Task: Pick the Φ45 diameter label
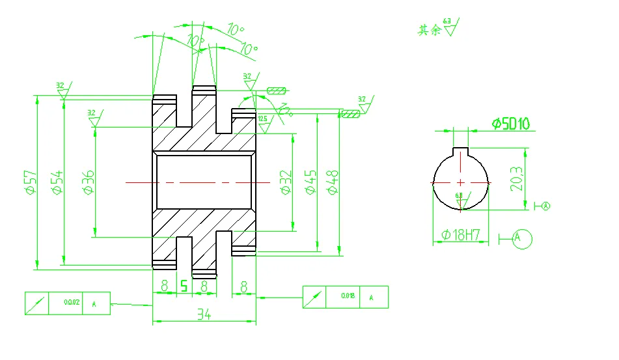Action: tap(311, 182)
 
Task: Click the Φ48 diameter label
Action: tap(333, 182)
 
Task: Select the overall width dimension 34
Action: tap(204, 315)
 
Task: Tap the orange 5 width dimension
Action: tap(184, 286)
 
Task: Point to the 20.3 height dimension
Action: tap(518, 177)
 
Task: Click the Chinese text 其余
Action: tap(430, 30)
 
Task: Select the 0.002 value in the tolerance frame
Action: tap(72, 303)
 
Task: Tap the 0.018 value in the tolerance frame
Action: tap(348, 297)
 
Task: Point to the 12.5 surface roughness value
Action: tap(262, 118)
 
